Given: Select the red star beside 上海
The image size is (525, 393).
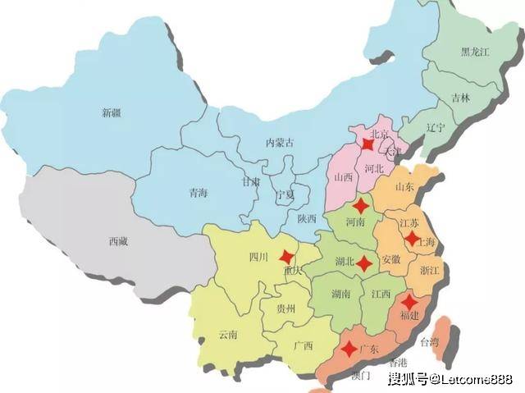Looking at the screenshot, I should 411,238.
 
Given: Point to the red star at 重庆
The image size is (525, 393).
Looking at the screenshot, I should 285,256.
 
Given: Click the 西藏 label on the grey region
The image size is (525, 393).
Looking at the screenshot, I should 118,241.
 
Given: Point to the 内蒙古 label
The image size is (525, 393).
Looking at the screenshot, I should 279,142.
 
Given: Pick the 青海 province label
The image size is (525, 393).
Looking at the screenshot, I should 198,193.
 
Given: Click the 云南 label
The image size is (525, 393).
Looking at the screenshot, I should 228,335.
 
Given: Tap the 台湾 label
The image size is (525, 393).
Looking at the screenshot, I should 430,341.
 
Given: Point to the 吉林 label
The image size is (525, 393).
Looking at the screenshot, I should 460,98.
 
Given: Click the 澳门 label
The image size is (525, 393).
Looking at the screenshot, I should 360,376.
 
